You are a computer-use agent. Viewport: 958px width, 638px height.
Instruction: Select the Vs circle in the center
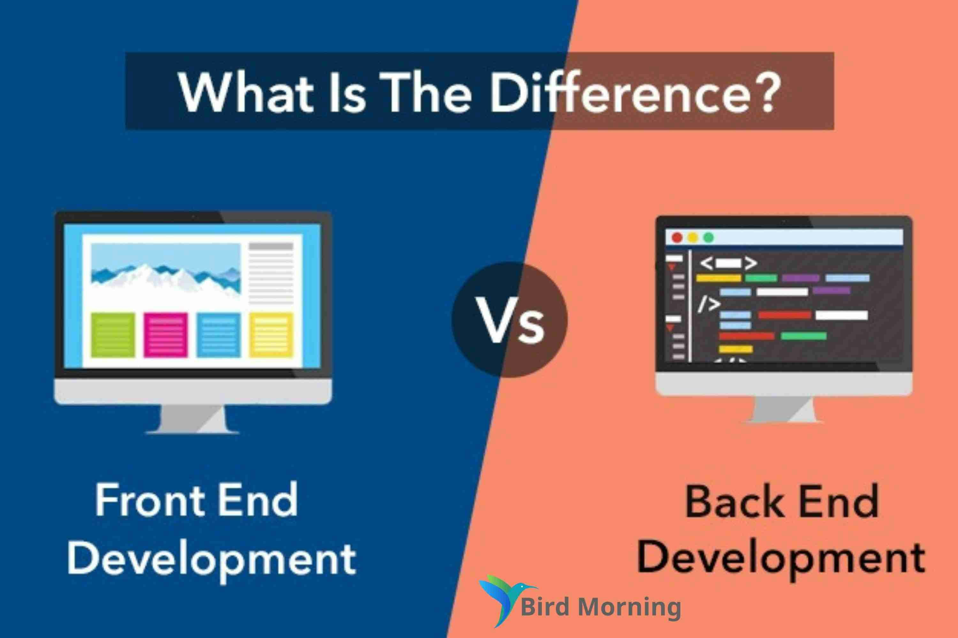(509, 319)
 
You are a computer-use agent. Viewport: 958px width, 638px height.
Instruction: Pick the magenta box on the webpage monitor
(166, 335)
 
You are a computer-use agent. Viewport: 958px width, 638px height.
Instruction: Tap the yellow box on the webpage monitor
(271, 335)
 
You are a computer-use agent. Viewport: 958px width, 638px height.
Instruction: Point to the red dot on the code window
(677, 238)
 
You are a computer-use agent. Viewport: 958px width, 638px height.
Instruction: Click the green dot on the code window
(709, 238)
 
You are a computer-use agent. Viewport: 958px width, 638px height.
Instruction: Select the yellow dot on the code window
(693, 238)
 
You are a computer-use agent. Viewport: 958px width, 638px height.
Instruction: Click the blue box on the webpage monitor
(218, 335)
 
